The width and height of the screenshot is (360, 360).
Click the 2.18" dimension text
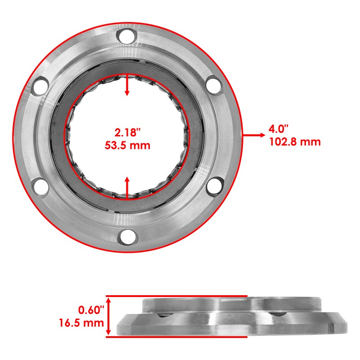[x=128, y=133]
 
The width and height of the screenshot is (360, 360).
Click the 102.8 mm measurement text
[x=295, y=142]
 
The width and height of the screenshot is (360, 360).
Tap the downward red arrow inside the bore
[x=127, y=86]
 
